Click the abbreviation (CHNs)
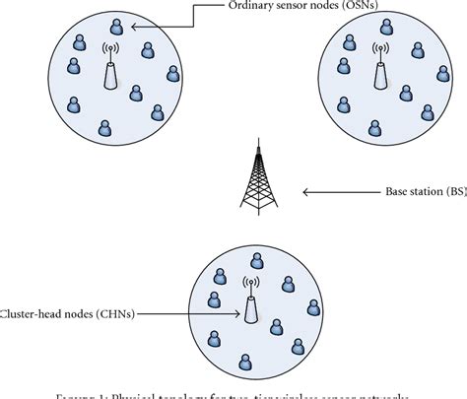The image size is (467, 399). tap(115, 313)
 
